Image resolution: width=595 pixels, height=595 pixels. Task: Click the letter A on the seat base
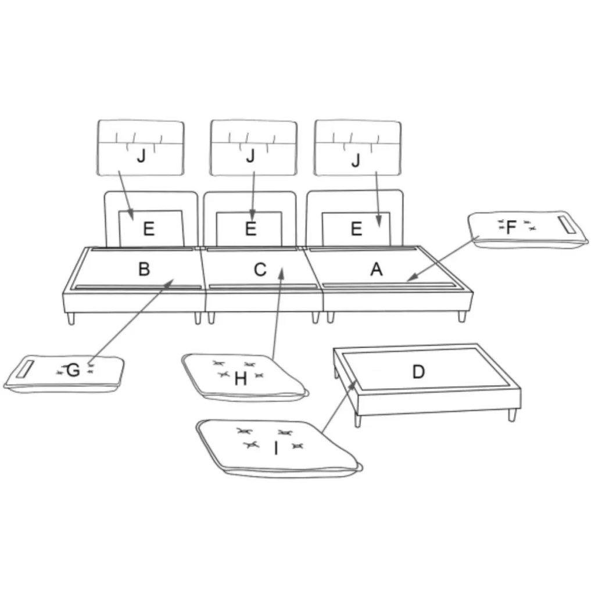click(376, 270)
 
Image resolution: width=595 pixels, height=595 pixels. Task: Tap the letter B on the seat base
click(144, 269)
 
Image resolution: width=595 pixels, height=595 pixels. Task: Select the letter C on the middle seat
click(260, 270)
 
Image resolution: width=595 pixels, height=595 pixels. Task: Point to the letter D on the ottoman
click(418, 372)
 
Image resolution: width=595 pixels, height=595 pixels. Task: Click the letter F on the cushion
click(511, 227)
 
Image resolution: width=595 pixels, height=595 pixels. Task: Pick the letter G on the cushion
click(73, 370)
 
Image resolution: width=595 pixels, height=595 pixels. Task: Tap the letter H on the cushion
click(241, 379)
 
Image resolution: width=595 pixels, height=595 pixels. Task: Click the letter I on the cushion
click(276, 448)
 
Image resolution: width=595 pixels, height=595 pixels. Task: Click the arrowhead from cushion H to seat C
click(281, 273)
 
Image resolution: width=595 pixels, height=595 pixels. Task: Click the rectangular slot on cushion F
click(567, 225)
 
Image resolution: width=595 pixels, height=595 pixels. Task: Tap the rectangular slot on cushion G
click(26, 369)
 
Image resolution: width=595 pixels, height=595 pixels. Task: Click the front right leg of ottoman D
click(512, 415)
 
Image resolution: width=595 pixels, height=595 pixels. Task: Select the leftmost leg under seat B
click(71, 318)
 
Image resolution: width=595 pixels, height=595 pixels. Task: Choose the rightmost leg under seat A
click(462, 316)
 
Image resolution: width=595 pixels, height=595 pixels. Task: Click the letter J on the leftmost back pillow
click(141, 156)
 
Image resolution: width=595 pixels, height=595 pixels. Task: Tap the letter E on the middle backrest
click(250, 228)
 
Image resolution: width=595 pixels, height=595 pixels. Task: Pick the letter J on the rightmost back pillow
click(356, 160)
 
